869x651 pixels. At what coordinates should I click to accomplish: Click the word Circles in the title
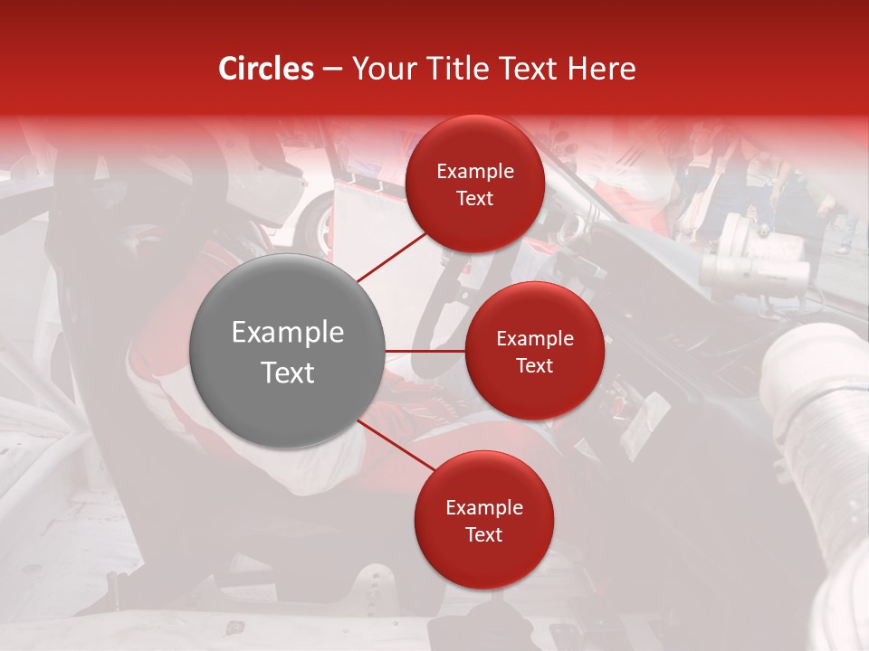[266, 69]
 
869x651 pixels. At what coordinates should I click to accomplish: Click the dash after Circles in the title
[332, 70]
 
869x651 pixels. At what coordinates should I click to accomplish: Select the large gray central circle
[287, 351]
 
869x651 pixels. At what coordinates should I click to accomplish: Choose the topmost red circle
[474, 184]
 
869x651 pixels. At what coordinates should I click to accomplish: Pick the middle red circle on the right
[534, 351]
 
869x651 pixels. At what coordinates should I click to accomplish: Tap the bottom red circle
[483, 520]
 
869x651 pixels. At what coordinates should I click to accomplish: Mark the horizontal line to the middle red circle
[425, 351]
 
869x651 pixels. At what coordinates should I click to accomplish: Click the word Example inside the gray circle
[287, 332]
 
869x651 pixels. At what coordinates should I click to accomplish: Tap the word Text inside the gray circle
[287, 372]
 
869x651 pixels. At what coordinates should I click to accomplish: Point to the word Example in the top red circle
[474, 171]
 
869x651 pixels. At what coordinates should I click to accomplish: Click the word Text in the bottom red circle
[483, 534]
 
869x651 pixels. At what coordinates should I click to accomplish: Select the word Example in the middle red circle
[534, 338]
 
